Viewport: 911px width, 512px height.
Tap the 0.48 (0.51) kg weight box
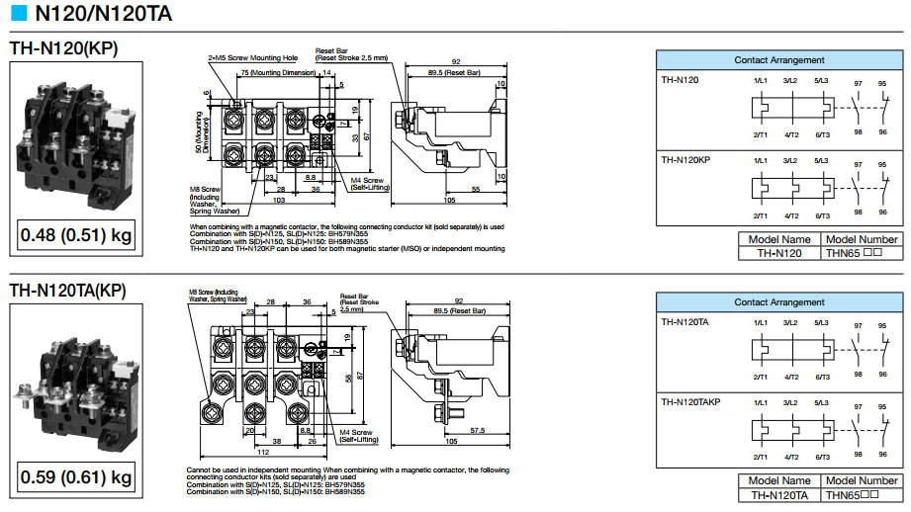tap(76, 236)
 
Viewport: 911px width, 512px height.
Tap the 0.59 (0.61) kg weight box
tap(76, 478)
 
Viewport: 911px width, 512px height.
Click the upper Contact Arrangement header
tap(778, 60)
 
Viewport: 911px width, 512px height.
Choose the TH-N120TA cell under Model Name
tap(778, 495)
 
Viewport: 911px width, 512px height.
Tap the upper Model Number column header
tap(862, 239)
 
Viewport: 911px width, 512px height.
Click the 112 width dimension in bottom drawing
tap(263, 453)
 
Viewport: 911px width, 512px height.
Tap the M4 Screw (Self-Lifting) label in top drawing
tap(367, 184)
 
